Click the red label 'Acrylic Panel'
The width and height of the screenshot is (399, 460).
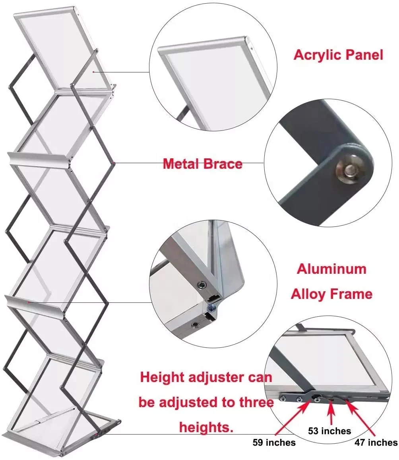338,55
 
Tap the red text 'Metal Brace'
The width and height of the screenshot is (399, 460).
202,164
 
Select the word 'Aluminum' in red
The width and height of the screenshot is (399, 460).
331,269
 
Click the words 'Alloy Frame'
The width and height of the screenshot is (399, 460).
331,294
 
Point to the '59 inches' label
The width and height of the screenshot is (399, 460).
274,442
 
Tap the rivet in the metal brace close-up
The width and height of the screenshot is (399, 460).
349,169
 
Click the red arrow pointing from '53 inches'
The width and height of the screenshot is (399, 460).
331,414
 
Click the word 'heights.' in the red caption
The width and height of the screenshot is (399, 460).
206,427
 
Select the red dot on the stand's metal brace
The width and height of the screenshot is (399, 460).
114,163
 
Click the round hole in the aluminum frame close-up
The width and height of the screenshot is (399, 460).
195,325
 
